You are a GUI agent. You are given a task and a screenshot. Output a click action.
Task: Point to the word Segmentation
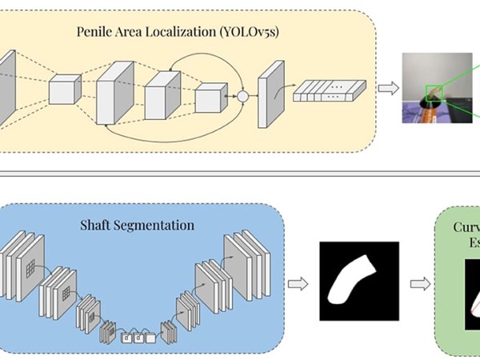(x=154, y=225)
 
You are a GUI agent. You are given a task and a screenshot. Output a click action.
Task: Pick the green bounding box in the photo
(x=434, y=94)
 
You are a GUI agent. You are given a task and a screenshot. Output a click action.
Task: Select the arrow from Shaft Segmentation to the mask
(x=298, y=283)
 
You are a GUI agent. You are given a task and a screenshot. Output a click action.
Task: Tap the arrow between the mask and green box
(x=417, y=283)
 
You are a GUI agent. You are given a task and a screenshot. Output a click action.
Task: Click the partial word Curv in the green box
(x=465, y=224)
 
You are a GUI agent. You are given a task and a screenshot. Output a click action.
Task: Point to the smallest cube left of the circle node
(x=210, y=98)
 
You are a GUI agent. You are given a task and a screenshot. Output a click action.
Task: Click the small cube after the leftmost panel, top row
(x=66, y=88)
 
